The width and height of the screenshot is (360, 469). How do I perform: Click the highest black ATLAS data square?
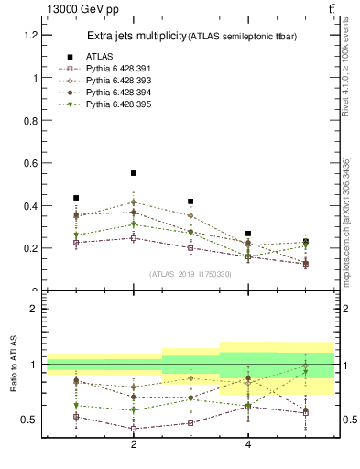pos(134,173)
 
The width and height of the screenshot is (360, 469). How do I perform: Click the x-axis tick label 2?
pos(134,444)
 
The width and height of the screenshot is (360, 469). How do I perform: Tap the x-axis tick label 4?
pos(248,444)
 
